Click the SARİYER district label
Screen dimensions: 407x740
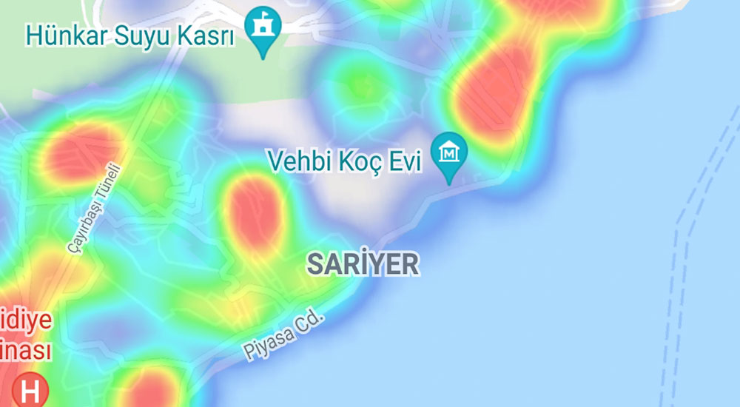(x=363, y=263)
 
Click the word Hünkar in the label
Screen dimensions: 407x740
(x=68, y=34)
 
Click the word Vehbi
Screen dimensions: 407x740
(x=297, y=161)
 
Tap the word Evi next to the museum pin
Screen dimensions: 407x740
(x=403, y=161)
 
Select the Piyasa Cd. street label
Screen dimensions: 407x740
(x=283, y=336)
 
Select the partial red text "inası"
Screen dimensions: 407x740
(x=26, y=349)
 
